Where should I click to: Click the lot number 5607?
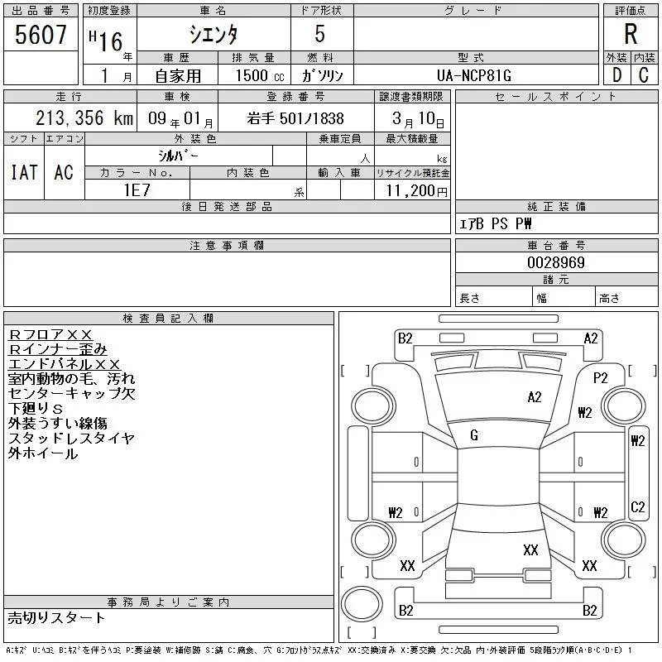point(41,35)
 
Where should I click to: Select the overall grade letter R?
point(631,35)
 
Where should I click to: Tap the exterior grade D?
point(616,74)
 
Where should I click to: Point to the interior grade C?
point(644,74)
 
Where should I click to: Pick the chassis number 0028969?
point(556,262)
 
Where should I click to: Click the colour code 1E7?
point(137,189)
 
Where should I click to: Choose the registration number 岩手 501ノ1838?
point(295,119)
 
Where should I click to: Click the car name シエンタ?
point(213,35)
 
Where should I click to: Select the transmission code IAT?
point(24,172)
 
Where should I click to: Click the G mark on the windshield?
point(474,435)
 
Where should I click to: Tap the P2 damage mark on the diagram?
point(600,377)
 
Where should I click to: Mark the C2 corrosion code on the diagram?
point(637,506)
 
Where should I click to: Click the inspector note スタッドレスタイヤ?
point(70,439)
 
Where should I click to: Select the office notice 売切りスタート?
point(56,617)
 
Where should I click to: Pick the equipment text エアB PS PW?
point(496,223)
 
